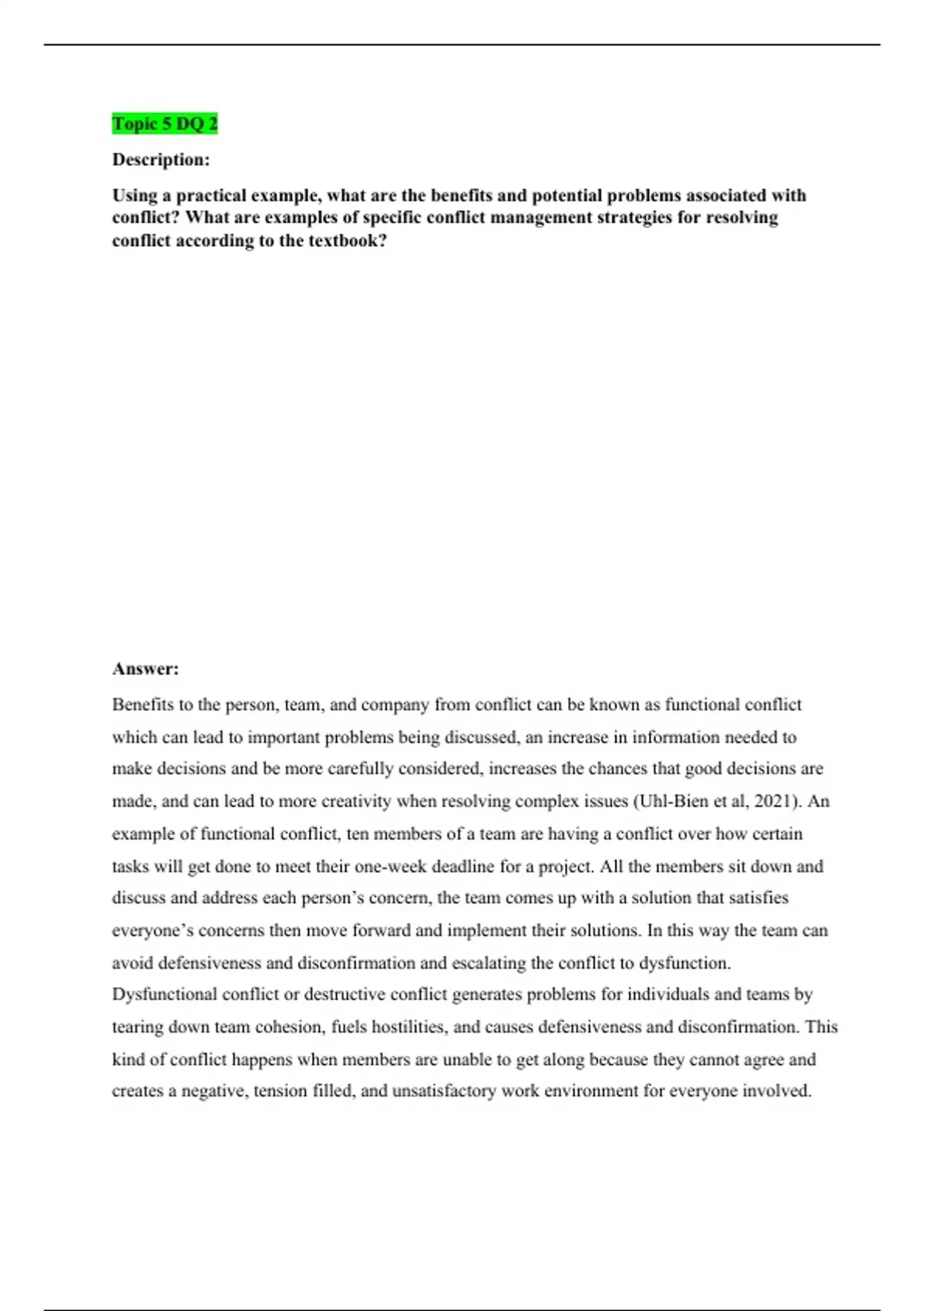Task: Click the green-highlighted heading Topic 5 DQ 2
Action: (x=165, y=123)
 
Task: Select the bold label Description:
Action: (x=161, y=160)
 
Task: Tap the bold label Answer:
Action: (x=146, y=669)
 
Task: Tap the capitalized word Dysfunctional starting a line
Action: (x=164, y=995)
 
